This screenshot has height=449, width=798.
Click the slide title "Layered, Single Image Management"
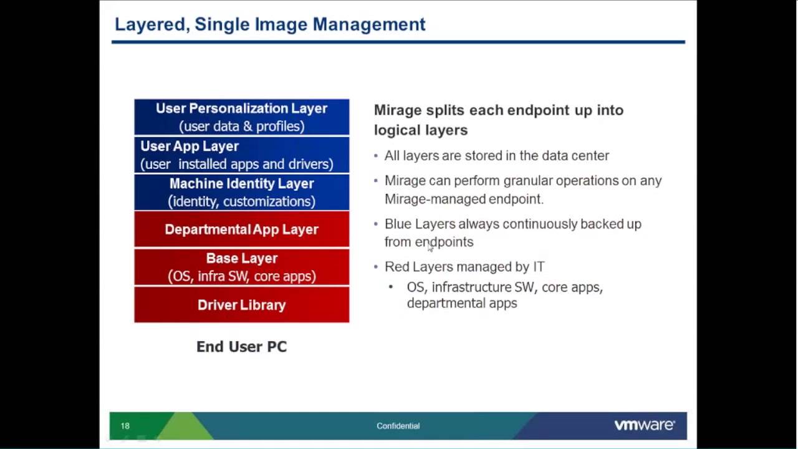point(270,24)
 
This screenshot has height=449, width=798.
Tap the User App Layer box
point(241,155)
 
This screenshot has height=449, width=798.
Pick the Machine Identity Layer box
point(241,192)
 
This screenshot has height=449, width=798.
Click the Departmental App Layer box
point(241,229)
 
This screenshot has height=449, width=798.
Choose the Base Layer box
point(241,267)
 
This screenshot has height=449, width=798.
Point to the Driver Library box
point(241,305)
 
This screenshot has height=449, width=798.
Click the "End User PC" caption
point(241,347)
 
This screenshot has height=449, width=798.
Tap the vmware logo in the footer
point(644,425)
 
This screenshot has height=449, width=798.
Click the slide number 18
point(125,426)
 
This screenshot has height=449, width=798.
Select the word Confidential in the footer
point(398,426)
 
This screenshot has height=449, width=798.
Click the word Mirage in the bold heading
point(398,110)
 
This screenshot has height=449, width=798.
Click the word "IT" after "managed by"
point(539,267)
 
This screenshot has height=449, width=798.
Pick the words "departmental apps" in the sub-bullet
point(462,304)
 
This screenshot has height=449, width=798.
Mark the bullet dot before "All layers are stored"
point(376,156)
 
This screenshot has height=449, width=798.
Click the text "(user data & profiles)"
point(241,126)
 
